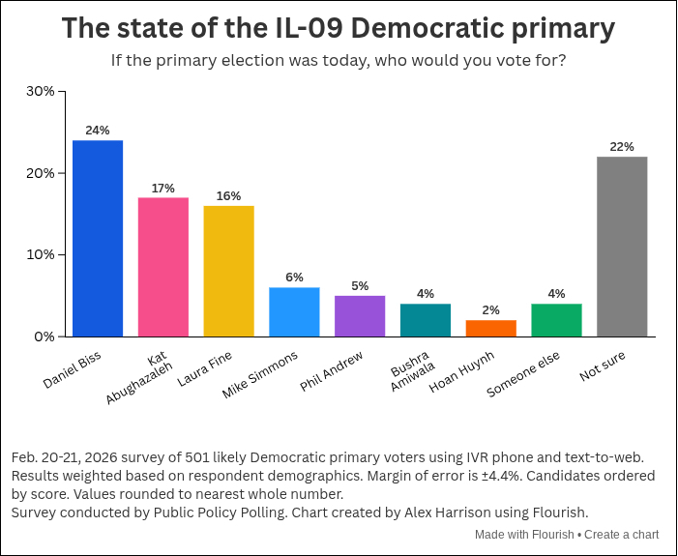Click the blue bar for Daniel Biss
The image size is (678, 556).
point(98,239)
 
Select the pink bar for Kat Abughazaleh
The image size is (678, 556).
point(163,267)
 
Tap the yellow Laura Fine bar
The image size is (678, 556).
point(228,271)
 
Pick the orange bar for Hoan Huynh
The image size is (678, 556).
point(491,329)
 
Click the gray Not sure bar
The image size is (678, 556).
point(622,247)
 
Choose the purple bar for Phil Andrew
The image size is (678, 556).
point(360,316)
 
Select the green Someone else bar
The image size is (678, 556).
point(556,320)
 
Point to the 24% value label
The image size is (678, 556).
point(98,131)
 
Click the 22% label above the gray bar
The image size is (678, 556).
point(622,147)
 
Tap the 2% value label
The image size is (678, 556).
point(491,310)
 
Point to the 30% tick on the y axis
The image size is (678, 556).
point(41,91)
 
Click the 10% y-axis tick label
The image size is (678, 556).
point(41,255)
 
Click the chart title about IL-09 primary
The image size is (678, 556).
point(339,29)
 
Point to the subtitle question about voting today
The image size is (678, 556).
point(339,61)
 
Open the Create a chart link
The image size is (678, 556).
point(622,535)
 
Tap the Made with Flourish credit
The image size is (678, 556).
point(523,535)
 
